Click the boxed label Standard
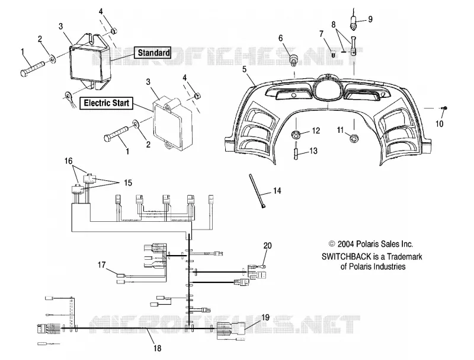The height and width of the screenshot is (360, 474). point(153,53)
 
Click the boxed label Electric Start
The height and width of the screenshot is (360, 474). point(106,103)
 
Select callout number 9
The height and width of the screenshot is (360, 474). point(370,19)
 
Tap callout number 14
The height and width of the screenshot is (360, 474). point(277,191)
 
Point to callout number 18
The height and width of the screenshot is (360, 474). point(157,348)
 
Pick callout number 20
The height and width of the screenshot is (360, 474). point(268,246)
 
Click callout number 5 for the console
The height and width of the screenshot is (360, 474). point(244,69)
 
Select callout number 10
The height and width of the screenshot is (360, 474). point(439,123)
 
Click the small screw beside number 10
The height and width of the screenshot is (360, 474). point(445,108)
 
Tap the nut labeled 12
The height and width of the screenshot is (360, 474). point(296,134)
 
